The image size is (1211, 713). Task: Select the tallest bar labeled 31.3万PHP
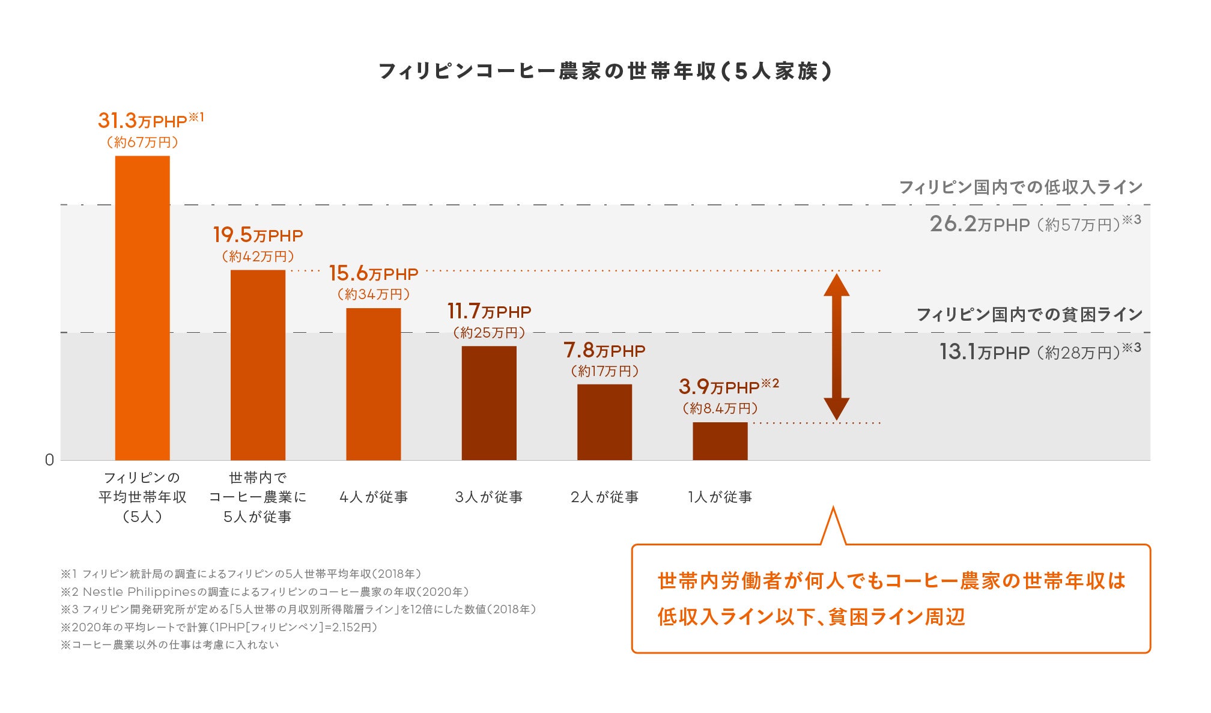142,308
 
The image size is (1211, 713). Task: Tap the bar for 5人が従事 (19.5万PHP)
258,365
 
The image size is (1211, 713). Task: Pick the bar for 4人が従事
373,384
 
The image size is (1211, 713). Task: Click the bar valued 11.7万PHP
489,403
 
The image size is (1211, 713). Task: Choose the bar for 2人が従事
604,422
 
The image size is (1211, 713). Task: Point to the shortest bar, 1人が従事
720,441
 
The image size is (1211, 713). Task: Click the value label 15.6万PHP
373,274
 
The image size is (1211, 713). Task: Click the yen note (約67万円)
142,142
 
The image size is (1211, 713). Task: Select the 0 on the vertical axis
49,460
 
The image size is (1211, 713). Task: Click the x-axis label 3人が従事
489,497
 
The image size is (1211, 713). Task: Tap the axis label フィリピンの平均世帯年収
142,497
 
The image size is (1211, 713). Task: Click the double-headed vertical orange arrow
836,347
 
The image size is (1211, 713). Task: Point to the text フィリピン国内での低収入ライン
1020,187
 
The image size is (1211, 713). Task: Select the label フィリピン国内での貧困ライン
1029,314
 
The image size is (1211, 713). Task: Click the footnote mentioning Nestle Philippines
264,592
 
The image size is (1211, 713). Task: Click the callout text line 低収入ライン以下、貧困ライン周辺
810,617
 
